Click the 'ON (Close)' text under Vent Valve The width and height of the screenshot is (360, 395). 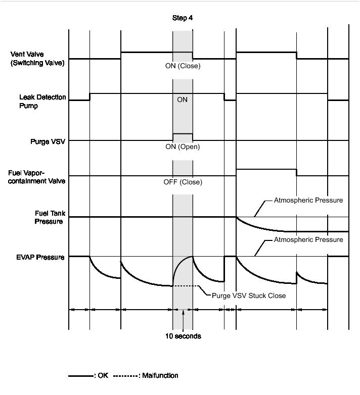pyautogui.click(x=183, y=66)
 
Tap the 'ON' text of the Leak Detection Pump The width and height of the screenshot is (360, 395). pyautogui.click(x=183, y=100)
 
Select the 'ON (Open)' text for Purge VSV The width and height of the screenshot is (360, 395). pyautogui.click(x=183, y=147)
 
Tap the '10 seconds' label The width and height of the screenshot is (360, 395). pyautogui.click(x=183, y=336)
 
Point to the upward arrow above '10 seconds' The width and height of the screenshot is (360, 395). pyautogui.click(x=183, y=318)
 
